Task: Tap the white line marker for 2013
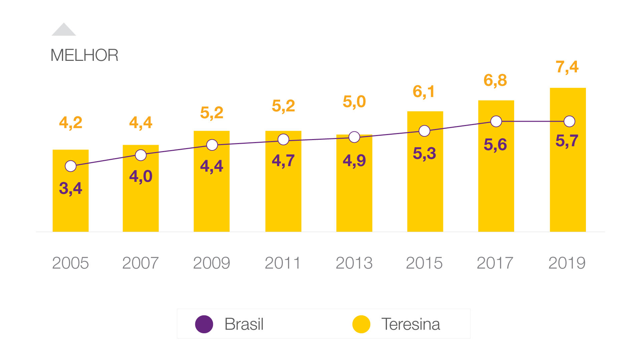(354, 137)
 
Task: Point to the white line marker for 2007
(141, 155)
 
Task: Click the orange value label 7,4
(567, 67)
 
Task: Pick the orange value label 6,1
(424, 92)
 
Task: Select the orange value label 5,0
(354, 102)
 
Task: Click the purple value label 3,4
(70, 188)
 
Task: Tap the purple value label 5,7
(567, 141)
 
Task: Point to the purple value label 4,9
(354, 161)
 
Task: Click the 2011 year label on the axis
(282, 263)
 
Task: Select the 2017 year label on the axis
(495, 263)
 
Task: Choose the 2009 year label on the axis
(212, 263)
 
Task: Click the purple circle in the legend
(204, 324)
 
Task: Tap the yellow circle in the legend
(361, 324)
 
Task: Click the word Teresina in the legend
(411, 324)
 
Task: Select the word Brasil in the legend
(244, 324)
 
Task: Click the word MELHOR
(84, 55)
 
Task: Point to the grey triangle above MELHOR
(64, 30)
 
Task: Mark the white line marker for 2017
(496, 121)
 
